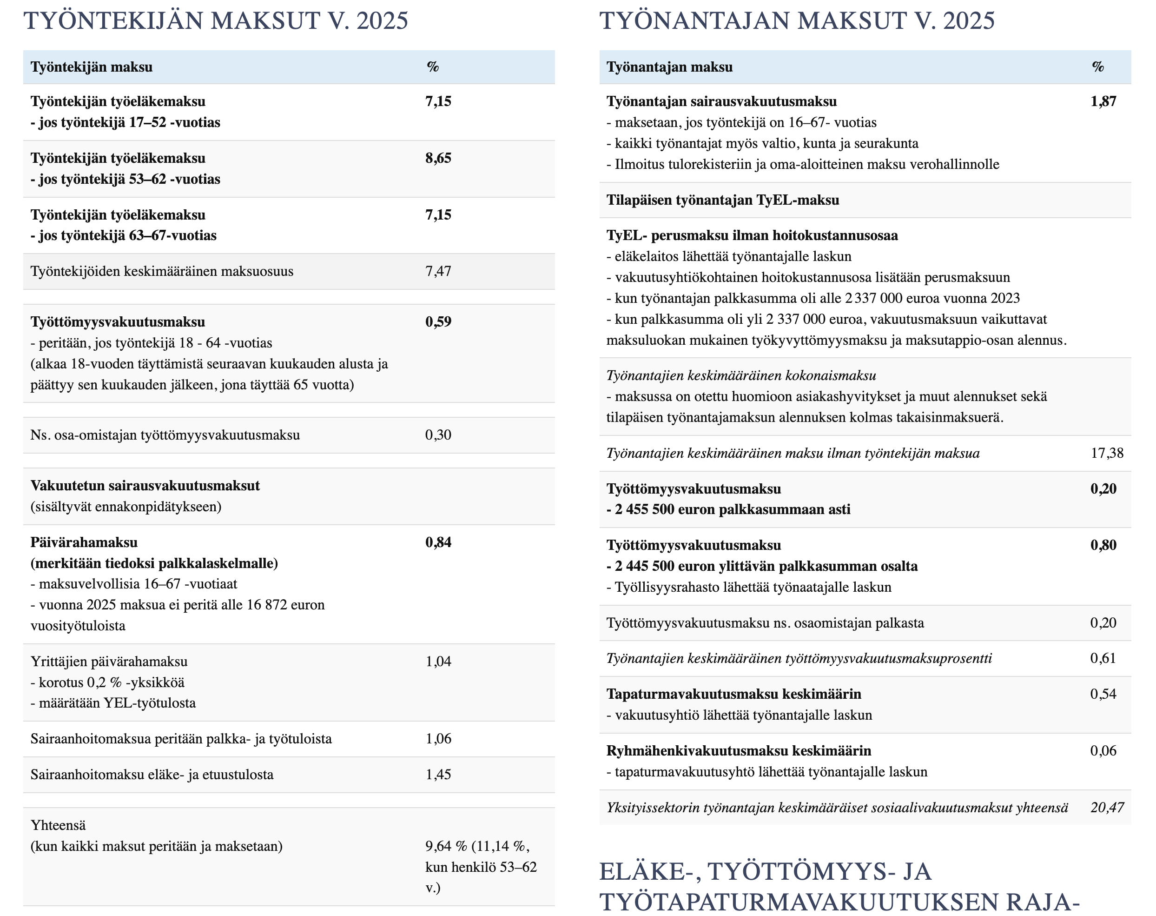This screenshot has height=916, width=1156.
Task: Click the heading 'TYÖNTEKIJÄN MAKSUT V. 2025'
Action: (216, 21)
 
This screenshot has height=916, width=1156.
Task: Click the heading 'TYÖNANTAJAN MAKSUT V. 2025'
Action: (797, 21)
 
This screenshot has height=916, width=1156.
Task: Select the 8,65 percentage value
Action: (438, 158)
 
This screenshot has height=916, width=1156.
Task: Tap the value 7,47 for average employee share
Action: (438, 271)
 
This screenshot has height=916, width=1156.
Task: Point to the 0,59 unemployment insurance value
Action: (438, 322)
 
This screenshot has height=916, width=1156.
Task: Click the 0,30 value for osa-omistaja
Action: (438, 435)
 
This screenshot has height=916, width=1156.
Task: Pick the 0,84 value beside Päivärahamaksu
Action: (438, 542)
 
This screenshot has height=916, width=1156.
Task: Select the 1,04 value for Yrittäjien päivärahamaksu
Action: (438, 661)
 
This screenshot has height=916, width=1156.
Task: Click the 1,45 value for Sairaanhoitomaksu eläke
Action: (438, 775)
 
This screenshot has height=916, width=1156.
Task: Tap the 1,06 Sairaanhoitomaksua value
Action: (438, 738)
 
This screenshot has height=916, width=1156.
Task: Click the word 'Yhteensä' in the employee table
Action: (58, 825)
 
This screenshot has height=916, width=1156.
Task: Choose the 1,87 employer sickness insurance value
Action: (1103, 101)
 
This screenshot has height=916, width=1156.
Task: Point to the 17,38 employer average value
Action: (1107, 453)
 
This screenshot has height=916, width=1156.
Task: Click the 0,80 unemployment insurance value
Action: (1103, 545)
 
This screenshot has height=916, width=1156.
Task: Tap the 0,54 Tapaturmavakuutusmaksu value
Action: (1103, 694)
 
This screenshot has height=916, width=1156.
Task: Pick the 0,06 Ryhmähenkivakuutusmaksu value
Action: (1103, 751)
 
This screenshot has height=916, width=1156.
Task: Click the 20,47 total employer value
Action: (1107, 808)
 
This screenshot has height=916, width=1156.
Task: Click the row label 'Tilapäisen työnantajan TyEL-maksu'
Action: (722, 200)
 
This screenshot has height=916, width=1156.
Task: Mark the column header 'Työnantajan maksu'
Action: (669, 67)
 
